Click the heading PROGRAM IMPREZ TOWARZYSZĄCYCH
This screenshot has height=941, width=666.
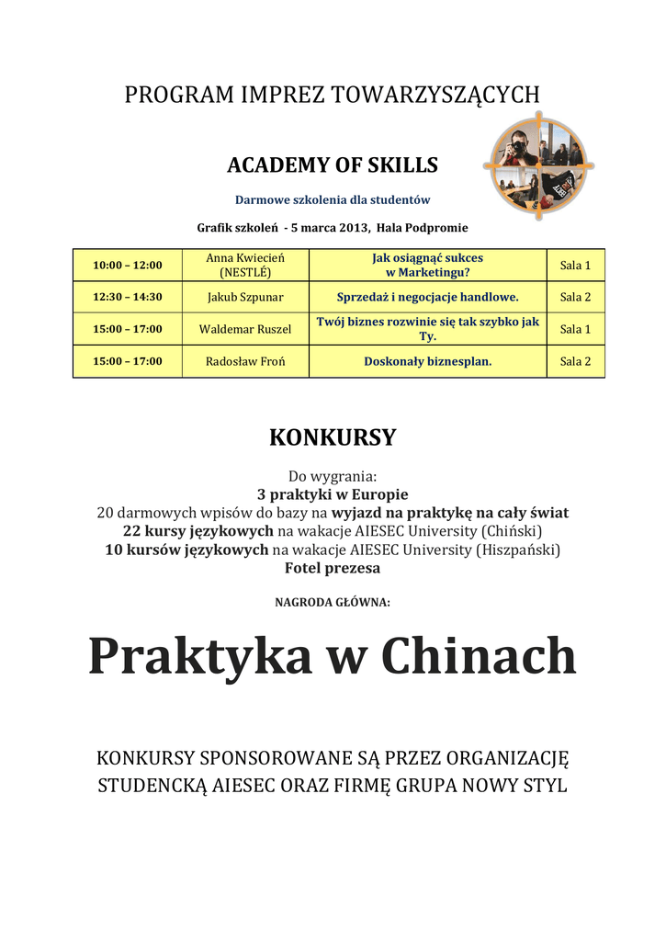(333, 95)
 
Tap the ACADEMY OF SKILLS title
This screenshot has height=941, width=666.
(333, 165)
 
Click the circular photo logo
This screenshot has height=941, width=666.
(539, 165)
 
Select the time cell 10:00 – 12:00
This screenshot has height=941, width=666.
(128, 266)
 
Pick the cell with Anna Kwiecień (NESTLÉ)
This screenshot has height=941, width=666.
(245, 266)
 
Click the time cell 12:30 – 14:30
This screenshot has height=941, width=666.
(128, 297)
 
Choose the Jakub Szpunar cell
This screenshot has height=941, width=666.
(245, 297)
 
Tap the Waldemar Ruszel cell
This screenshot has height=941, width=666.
(245, 329)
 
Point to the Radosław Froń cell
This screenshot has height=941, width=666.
(245, 361)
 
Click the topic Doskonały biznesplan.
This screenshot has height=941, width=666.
(428, 361)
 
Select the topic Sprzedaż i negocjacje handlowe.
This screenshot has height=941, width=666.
(428, 297)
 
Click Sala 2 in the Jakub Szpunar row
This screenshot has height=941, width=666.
(575, 297)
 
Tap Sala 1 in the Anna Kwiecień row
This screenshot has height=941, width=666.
(575, 266)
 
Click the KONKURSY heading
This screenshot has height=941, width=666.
(333, 437)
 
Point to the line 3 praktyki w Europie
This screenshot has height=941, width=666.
(333, 494)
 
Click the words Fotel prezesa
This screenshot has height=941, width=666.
(333, 568)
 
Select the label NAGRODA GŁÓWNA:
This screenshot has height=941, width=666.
(333, 603)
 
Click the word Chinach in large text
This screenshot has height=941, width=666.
(479, 658)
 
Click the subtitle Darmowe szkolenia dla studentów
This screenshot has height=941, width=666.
(333, 199)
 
